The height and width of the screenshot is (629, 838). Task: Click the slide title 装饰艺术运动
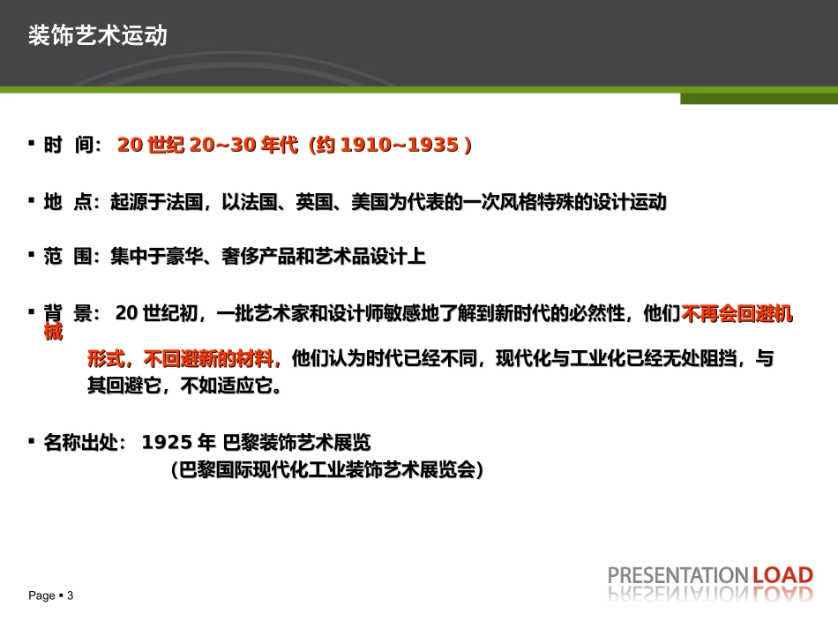(97, 36)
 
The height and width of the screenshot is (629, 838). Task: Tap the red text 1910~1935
(398, 146)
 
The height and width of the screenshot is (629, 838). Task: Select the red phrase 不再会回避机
(737, 314)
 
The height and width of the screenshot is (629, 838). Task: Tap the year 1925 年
(179, 442)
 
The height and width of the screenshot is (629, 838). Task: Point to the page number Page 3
(51, 596)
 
